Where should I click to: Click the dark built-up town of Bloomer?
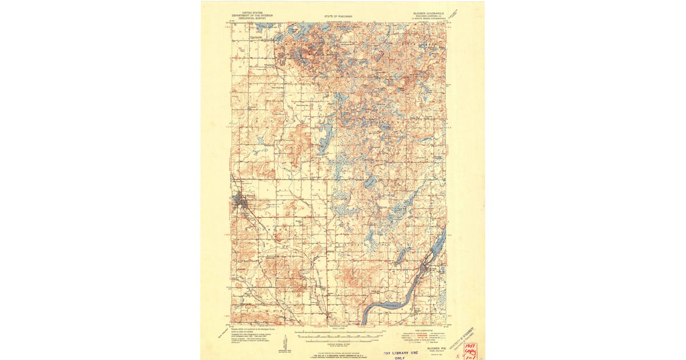coord(240,200)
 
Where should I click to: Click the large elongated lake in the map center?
coord(326,137)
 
